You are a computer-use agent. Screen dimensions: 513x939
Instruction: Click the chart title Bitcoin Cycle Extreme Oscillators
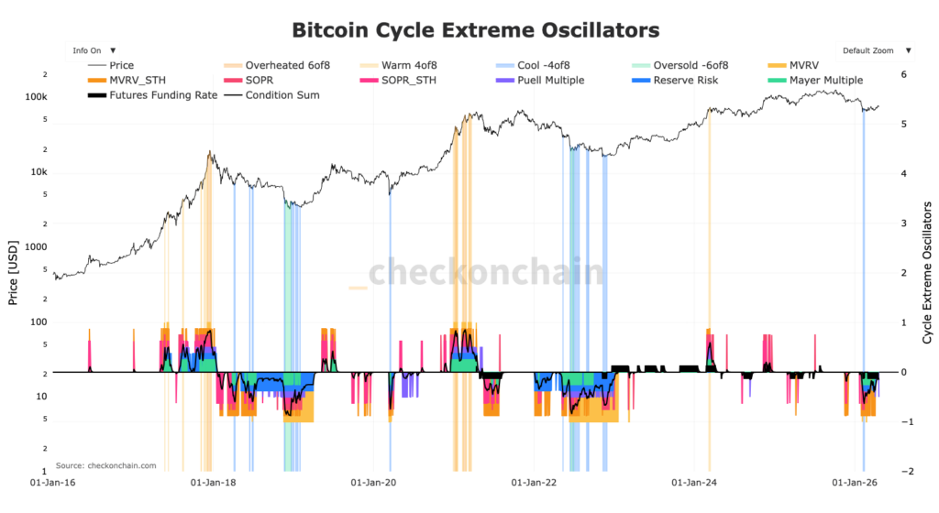click(475, 30)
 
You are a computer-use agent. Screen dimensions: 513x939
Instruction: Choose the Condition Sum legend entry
click(283, 94)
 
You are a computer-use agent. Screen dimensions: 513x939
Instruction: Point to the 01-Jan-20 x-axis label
click(372, 480)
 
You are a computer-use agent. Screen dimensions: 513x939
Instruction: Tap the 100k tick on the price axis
click(36, 97)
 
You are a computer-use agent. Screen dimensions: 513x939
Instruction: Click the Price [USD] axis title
click(14, 272)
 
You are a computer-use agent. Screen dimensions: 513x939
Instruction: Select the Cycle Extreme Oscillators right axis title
click(927, 272)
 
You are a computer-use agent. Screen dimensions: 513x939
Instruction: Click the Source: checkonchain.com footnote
click(105, 465)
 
